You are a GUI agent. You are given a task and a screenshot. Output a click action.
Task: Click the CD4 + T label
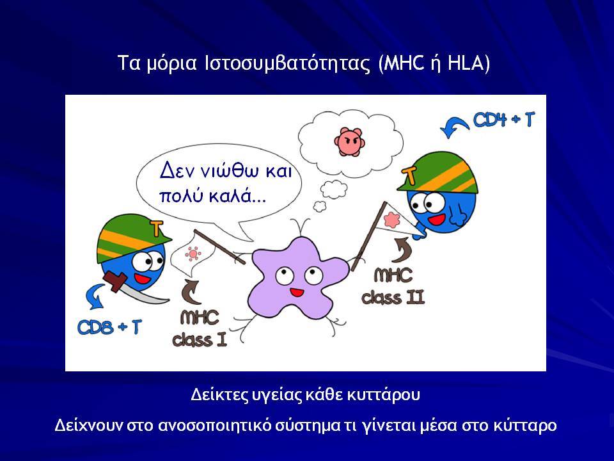pos(503,119)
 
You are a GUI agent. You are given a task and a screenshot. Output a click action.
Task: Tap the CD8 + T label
pos(109,327)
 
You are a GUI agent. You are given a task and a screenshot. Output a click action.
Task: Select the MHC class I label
pos(200,328)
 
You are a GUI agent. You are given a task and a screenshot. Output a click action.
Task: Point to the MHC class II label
pos(393,286)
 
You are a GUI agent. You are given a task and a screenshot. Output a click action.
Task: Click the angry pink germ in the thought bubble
pos(349,141)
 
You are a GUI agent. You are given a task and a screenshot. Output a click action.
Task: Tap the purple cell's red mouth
pos(296,292)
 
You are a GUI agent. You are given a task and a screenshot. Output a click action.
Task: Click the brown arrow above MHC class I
pos(192,292)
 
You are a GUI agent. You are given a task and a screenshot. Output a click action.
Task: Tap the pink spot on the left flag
pos(193,254)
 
